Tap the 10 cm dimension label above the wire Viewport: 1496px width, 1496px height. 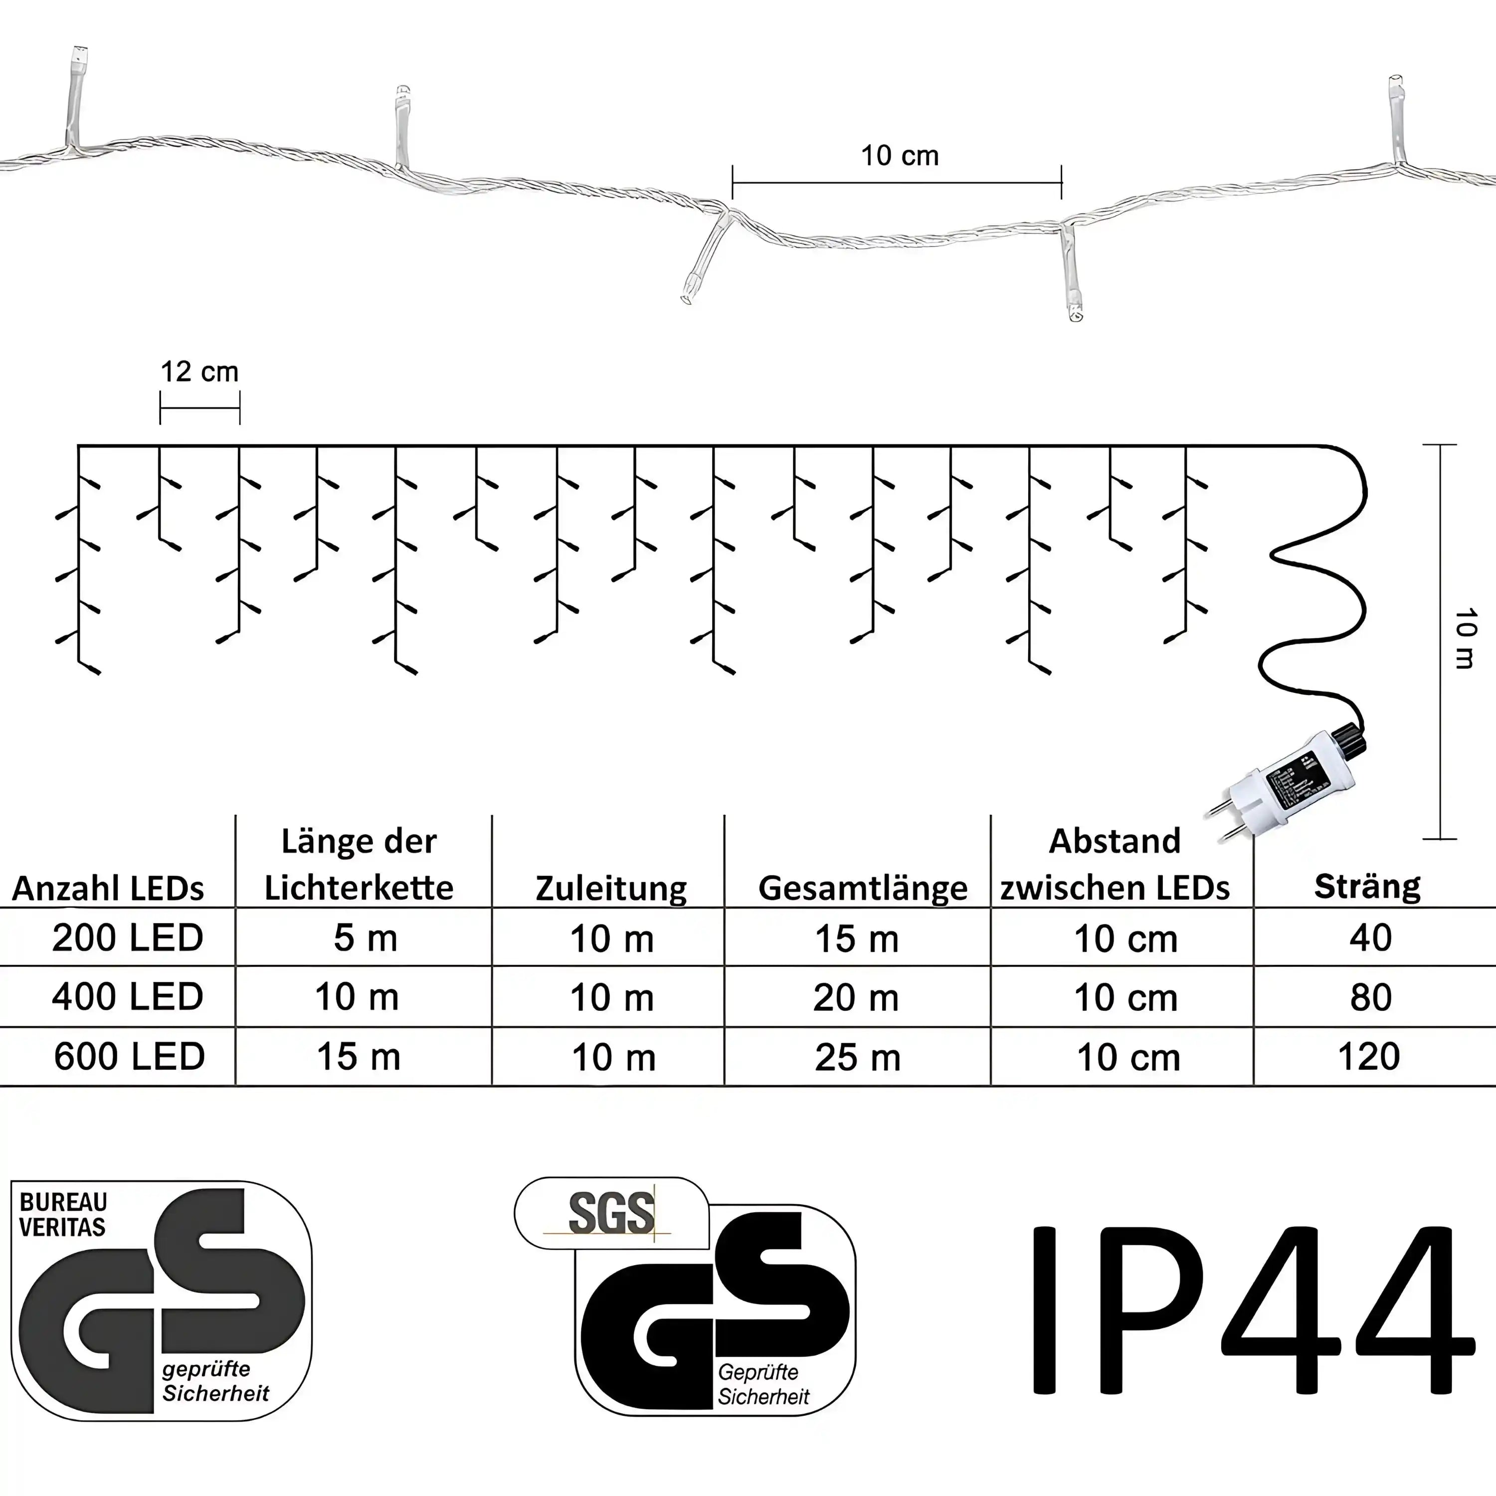click(x=900, y=156)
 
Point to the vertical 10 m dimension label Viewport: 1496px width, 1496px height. click(x=1464, y=638)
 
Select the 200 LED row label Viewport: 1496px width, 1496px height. click(x=128, y=937)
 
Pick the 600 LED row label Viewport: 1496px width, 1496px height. click(x=129, y=1056)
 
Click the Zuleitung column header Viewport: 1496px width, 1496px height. click(x=611, y=888)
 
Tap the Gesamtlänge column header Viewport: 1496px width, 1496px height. click(x=863, y=888)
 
